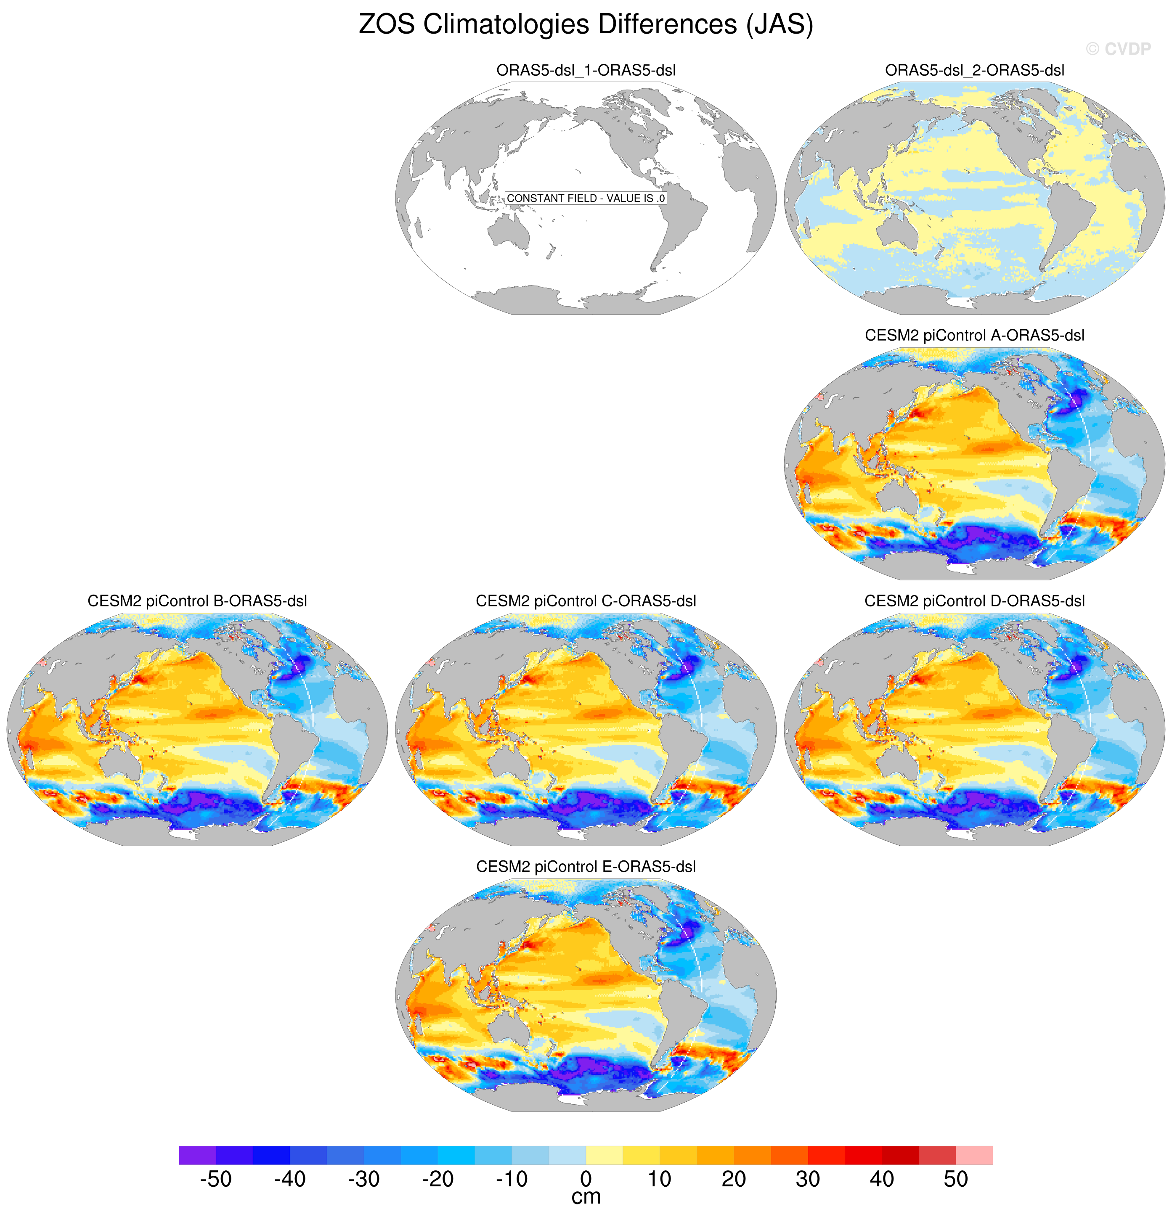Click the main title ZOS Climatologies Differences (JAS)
(x=586, y=25)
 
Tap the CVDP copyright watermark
(x=1118, y=48)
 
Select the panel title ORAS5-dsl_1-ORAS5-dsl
(x=586, y=70)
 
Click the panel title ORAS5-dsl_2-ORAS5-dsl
(x=974, y=70)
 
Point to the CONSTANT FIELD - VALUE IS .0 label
(x=586, y=198)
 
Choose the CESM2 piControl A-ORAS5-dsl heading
(x=974, y=335)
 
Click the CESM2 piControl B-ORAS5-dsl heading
(x=198, y=601)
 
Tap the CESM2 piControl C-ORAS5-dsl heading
(x=586, y=601)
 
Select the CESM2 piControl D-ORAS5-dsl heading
(x=974, y=601)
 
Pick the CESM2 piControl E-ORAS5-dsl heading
(x=586, y=867)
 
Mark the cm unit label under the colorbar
(x=586, y=1198)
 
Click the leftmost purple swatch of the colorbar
(x=198, y=1155)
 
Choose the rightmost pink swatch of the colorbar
(x=974, y=1155)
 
